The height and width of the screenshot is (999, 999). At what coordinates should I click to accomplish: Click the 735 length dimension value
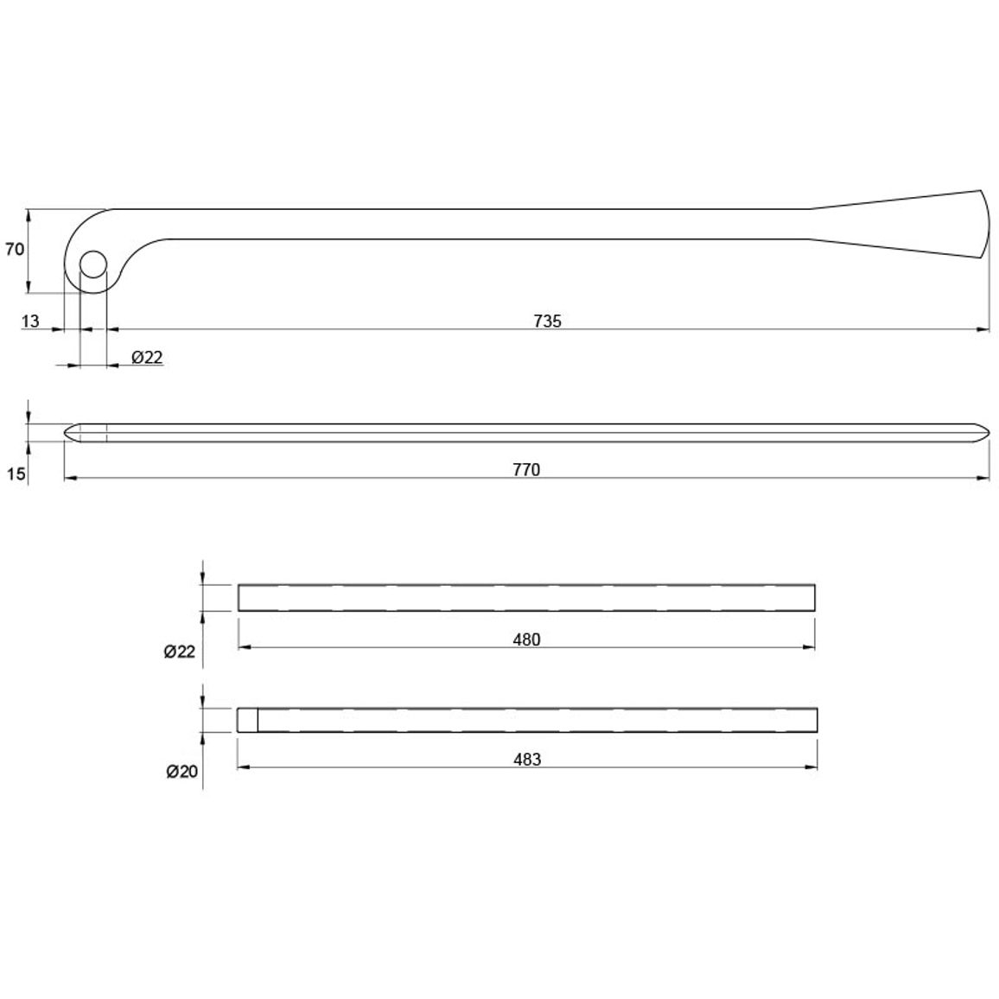pyautogui.click(x=547, y=321)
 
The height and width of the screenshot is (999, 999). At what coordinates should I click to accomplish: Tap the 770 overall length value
pyautogui.click(x=526, y=469)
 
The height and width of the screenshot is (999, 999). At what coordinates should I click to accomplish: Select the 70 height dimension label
pyautogui.click(x=15, y=249)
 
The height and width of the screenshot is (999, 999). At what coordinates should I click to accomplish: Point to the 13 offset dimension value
pyautogui.click(x=30, y=321)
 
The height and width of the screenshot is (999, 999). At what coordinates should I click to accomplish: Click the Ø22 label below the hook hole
pyautogui.click(x=147, y=358)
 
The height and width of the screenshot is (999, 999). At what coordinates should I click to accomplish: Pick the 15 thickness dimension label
pyautogui.click(x=16, y=474)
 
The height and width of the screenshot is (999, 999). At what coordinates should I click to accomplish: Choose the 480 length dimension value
pyautogui.click(x=526, y=639)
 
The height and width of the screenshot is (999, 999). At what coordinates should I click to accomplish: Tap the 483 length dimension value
pyautogui.click(x=527, y=760)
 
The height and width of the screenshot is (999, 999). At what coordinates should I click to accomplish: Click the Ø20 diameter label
pyautogui.click(x=182, y=772)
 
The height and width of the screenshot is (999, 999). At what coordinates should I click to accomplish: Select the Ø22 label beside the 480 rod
pyautogui.click(x=180, y=652)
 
